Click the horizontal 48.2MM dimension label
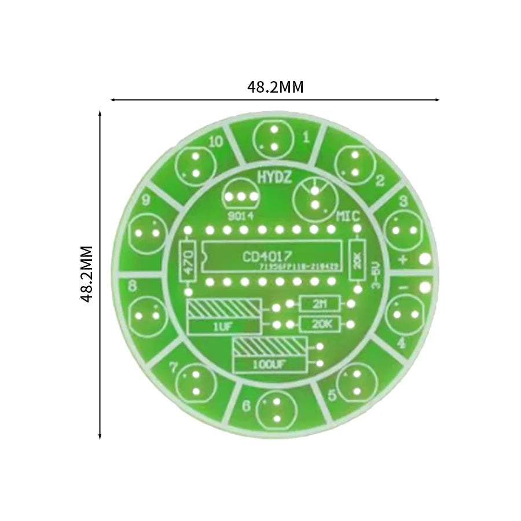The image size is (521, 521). (275, 87)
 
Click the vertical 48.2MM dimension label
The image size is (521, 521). (87, 273)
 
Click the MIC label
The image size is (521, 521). (348, 216)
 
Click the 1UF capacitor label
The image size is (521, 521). (223, 326)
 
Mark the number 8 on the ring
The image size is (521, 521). (131, 286)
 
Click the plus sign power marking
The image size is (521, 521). (403, 259)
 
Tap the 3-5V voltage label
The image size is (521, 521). (375, 277)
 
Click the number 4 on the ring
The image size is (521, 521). (401, 342)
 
